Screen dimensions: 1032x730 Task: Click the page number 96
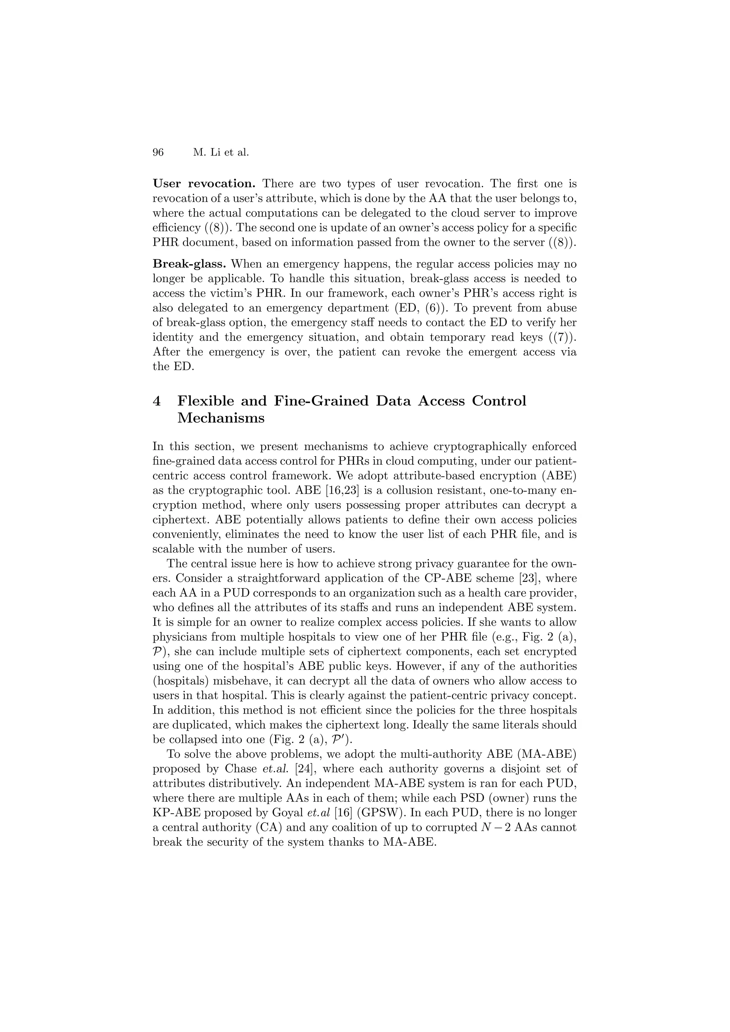pos(158,153)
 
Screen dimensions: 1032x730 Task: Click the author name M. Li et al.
pos(220,153)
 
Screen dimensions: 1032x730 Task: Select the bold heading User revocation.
pos(204,183)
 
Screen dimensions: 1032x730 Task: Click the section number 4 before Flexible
pos(157,401)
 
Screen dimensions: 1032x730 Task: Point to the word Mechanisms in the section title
pos(221,418)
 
